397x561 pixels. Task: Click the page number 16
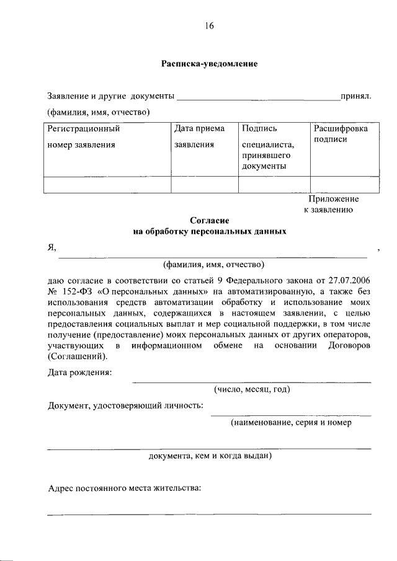point(208,25)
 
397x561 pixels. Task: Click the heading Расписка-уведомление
point(209,64)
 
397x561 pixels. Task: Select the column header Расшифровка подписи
point(340,134)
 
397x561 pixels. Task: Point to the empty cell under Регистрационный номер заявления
point(107,185)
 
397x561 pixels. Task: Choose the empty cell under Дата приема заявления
point(204,185)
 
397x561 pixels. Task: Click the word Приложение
point(334,199)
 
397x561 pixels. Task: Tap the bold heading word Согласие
point(210,220)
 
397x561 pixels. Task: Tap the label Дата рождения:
point(80,373)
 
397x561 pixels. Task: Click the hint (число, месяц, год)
point(252,389)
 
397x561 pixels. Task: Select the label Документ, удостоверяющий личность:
point(126,405)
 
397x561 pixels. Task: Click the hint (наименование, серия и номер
point(291,422)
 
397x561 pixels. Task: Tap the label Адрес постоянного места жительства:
point(125,488)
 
